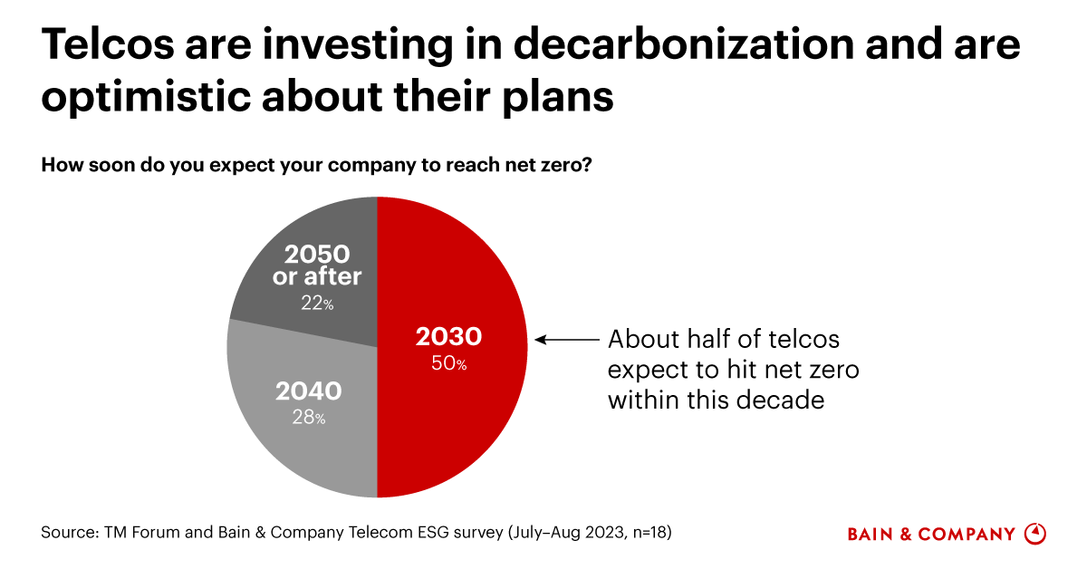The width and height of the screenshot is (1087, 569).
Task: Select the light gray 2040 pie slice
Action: pyautogui.click(x=299, y=435)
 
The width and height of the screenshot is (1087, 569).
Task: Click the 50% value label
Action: pyautogui.click(x=449, y=364)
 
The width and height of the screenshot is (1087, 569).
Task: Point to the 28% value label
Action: pyautogui.click(x=308, y=418)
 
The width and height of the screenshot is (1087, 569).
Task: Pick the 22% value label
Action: pyautogui.click(x=317, y=304)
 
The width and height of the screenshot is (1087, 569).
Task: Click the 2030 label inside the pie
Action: pyautogui.click(x=448, y=337)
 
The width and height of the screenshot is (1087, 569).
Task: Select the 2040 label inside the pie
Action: pyautogui.click(x=308, y=391)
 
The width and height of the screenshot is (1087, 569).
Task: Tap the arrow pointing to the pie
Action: pyautogui.click(x=567, y=340)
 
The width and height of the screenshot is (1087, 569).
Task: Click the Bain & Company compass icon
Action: pyautogui.click(x=1034, y=534)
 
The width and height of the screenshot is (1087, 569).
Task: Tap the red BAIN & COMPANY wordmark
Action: pyautogui.click(x=931, y=535)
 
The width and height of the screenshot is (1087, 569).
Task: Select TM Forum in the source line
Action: pyautogui.click(x=137, y=533)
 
